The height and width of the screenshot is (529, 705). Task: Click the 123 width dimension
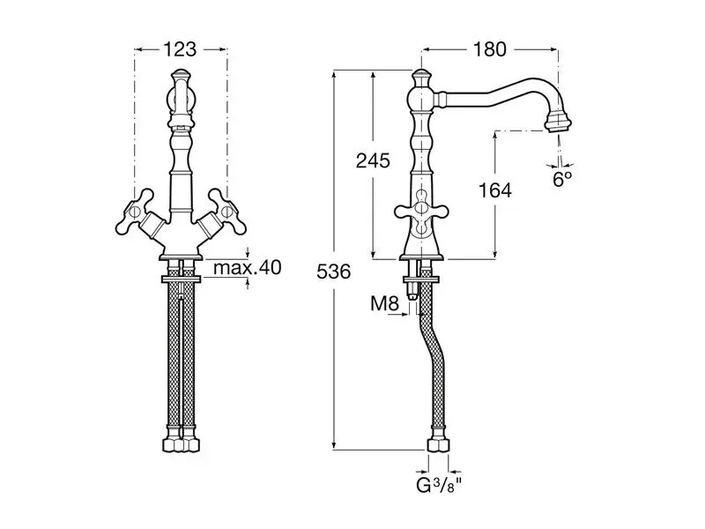[x=180, y=49]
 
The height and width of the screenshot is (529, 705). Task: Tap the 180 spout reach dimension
[x=489, y=49]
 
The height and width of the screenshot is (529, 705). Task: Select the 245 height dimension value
[x=373, y=160]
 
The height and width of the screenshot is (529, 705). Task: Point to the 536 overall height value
[x=334, y=272]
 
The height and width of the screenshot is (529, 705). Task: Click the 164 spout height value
[x=494, y=190]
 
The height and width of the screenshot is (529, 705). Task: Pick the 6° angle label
[x=562, y=179]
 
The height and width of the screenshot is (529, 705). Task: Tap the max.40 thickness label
[x=248, y=267]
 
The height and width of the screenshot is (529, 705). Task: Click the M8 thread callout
[x=384, y=304]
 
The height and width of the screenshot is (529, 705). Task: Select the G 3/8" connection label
[x=438, y=486]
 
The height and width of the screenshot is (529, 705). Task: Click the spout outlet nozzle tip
[x=558, y=122]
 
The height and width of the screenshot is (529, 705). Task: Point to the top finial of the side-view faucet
[x=421, y=77]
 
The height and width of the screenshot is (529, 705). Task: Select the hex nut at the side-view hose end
[x=437, y=444]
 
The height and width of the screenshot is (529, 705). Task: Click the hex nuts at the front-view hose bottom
[x=181, y=444]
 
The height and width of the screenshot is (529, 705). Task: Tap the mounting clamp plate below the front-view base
[x=181, y=279]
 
